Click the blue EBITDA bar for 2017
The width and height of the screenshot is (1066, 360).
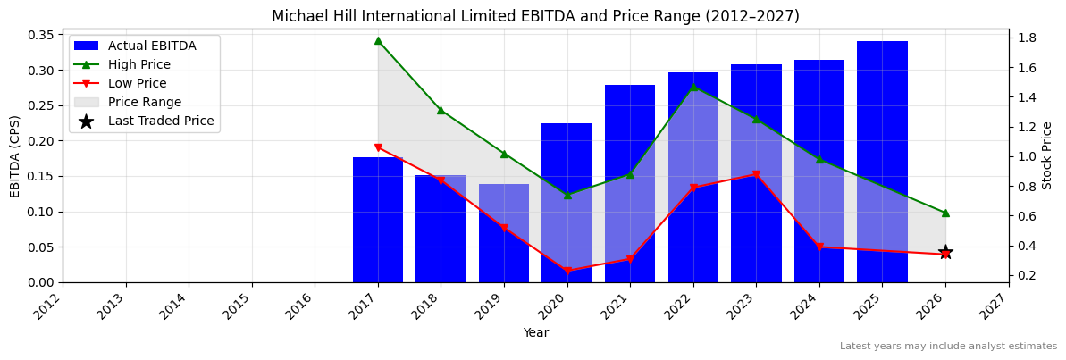(377, 220)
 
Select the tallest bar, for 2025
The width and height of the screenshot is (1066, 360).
(882, 161)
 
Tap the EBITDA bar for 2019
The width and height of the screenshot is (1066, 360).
(504, 233)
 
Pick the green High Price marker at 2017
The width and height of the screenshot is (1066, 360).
(378, 40)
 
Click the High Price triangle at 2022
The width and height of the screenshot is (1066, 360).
(693, 87)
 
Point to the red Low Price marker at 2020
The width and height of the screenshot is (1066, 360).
(567, 271)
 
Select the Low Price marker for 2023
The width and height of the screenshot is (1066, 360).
(756, 175)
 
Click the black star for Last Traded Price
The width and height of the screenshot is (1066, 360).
(945, 253)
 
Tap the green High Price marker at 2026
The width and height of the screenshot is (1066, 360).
(945, 213)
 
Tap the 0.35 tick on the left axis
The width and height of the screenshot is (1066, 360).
(40, 35)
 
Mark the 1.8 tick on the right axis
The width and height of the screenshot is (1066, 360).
(1026, 38)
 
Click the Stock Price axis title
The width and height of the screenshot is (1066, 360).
(1047, 155)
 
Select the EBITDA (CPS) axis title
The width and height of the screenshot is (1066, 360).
(15, 155)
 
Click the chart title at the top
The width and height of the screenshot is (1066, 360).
(535, 16)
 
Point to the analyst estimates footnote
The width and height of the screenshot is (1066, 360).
(948, 346)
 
